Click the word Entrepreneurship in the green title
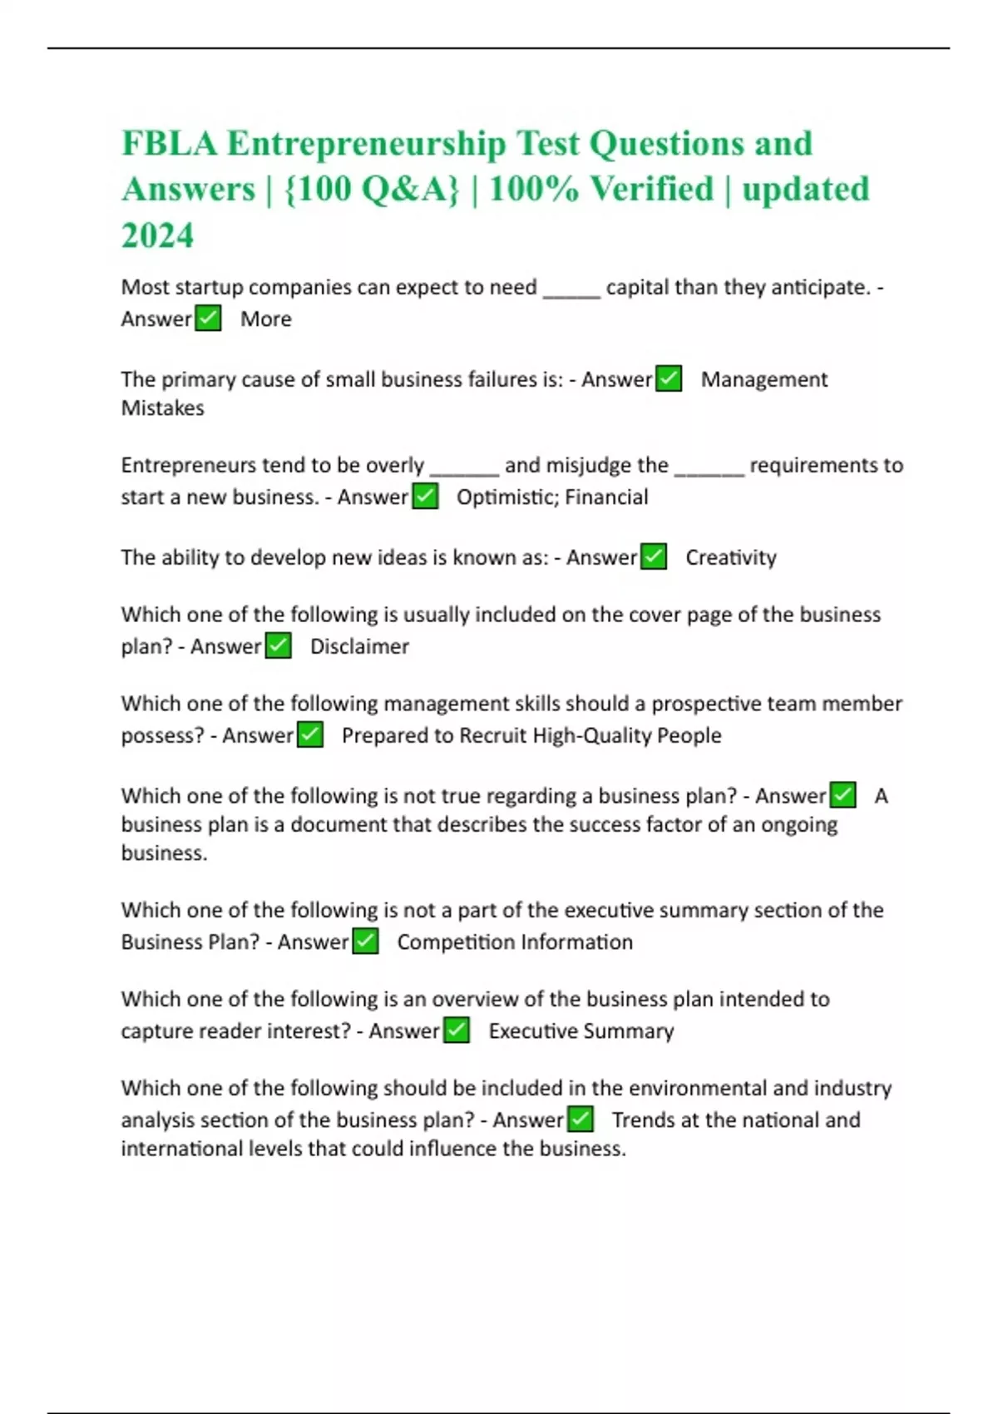pos(366,144)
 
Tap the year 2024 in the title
pos(158,235)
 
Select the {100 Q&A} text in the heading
pos(371,190)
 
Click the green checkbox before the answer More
pos(208,319)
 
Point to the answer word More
pos(266,319)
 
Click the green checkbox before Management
pos(669,379)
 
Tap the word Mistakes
pos(163,408)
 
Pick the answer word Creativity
pos(731,557)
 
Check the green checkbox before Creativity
pos(654,556)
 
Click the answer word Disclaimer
pos(359,646)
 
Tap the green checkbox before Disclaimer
pos(278,646)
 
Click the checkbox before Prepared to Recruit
pos(310,735)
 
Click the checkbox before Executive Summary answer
pos(457,1031)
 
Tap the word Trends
pos(643,1120)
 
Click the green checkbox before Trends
pos(581,1120)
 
